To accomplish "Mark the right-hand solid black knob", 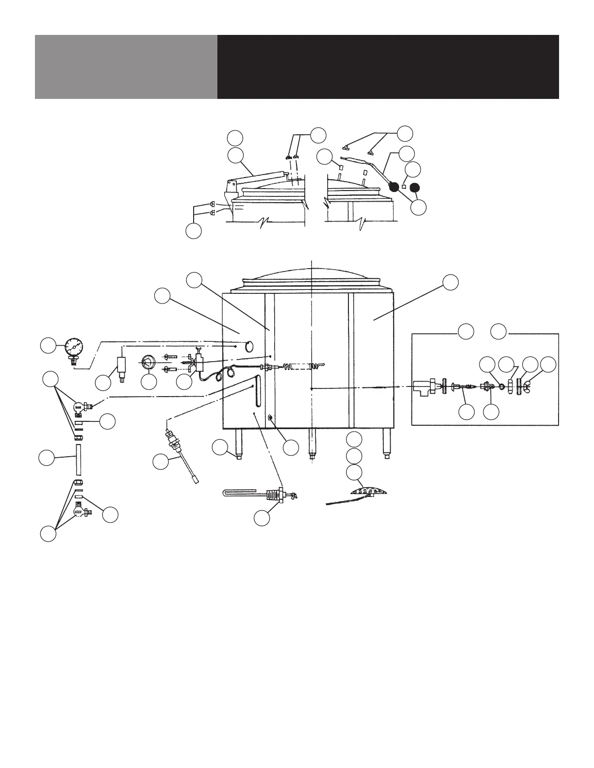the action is coord(415,187).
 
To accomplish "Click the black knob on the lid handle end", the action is coord(395,186).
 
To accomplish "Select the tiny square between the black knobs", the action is coord(404,187).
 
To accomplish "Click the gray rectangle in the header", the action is coord(126,67).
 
